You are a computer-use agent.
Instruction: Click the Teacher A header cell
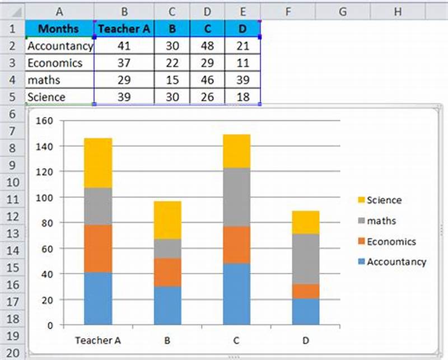[124, 29]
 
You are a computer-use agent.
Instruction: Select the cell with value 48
[207, 46]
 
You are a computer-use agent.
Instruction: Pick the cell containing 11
[242, 63]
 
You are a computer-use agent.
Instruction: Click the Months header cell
[59, 29]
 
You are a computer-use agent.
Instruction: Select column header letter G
[343, 11]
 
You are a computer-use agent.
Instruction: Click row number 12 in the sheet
[12, 217]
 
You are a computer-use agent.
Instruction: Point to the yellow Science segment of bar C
[237, 151]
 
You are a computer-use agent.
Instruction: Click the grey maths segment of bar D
[306, 259]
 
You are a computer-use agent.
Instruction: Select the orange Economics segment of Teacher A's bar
[98, 249]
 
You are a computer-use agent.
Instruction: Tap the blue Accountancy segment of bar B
[167, 306]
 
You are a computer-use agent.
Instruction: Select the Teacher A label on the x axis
[98, 339]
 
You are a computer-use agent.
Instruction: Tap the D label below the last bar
[306, 339]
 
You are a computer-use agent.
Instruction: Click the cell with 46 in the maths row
[207, 80]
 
